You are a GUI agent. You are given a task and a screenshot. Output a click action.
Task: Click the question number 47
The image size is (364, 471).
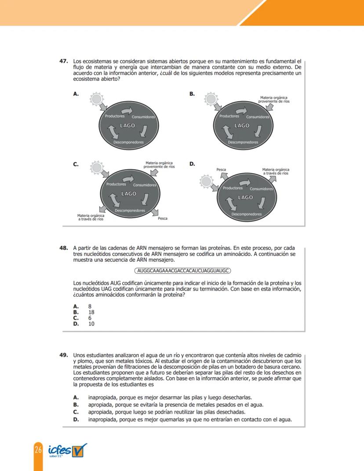click(x=66, y=62)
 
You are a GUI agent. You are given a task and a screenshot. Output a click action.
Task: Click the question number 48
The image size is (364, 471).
click(x=66, y=248)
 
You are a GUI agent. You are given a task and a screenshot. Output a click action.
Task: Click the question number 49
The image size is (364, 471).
click(x=66, y=354)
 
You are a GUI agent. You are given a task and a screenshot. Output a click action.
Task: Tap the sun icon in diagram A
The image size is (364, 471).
click(x=96, y=99)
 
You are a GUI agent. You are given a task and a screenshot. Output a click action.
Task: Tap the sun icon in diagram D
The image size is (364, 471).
click(x=206, y=181)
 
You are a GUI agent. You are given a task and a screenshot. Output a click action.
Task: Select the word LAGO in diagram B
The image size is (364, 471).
click(x=242, y=126)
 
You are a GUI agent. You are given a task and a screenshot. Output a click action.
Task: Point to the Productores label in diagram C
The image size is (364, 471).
click(x=116, y=184)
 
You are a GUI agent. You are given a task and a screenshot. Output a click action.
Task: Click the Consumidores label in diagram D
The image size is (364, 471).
click(x=261, y=189)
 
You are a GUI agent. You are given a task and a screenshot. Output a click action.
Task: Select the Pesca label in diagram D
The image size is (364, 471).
click(x=222, y=169)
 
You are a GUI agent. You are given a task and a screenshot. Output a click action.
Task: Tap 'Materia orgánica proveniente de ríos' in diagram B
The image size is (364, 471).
click(x=275, y=99)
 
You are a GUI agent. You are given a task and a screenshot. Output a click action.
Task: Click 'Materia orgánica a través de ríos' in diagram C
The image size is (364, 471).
click(x=91, y=217)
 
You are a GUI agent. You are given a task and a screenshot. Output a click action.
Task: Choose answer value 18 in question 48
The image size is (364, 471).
click(x=91, y=312)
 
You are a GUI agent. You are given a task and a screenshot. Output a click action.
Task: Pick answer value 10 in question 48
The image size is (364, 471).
click(x=91, y=324)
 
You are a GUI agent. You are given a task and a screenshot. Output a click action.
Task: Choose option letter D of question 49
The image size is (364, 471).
click(x=76, y=419)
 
